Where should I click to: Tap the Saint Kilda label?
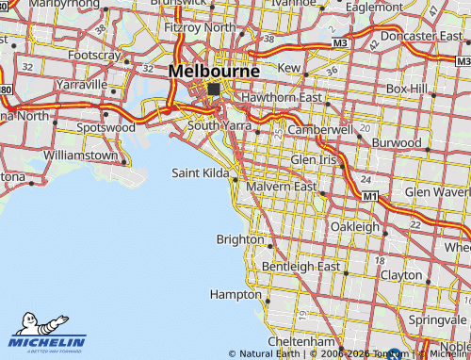tap(200, 172)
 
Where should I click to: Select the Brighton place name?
tap(240, 239)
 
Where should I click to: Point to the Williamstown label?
tap(80, 154)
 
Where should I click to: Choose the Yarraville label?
tap(82, 83)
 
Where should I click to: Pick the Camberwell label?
tap(319, 128)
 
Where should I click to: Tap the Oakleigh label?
tap(355, 227)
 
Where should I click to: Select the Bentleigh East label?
tap(300, 267)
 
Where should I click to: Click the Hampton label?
tap(234, 294)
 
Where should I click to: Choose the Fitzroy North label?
tap(200, 27)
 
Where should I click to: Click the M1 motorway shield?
tap(370, 196)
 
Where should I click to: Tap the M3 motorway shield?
tap(340, 43)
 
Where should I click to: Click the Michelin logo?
tap(47, 335)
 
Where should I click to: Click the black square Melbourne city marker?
tap(214, 89)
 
